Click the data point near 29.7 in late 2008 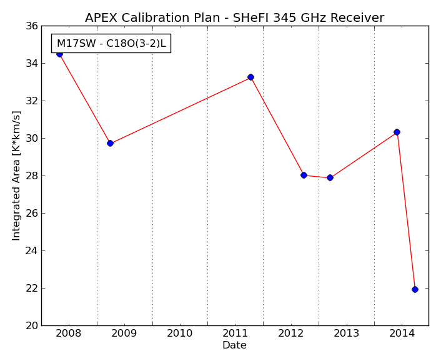110,144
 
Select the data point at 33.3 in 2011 250,77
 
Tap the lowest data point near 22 415,289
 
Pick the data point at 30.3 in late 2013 397,132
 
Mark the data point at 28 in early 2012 304,175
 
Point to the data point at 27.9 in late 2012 330,177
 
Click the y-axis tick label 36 31,26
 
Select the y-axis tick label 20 31,326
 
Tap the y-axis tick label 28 31,176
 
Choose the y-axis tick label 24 31,251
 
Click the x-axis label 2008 68,334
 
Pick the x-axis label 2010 179,334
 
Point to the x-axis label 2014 402,334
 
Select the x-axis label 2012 291,334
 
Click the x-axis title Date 234,345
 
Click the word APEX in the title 101,17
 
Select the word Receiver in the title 357,17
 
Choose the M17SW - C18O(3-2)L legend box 111,44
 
